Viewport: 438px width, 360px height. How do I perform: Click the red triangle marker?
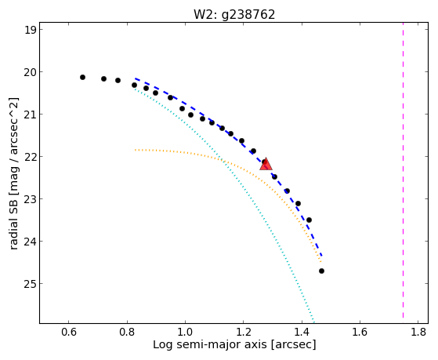pyautogui.click(x=266, y=164)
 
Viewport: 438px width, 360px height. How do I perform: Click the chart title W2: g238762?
pyautogui.click(x=234, y=15)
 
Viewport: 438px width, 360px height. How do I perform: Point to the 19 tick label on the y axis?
pyautogui.click(x=31, y=30)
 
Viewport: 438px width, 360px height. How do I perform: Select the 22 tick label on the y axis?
pyautogui.click(x=31, y=157)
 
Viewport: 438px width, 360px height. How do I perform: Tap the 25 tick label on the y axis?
pyautogui.click(x=31, y=284)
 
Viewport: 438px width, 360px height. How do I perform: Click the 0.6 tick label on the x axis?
pyautogui.click(x=69, y=332)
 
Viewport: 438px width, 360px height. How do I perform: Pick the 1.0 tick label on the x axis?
pyautogui.click(x=185, y=332)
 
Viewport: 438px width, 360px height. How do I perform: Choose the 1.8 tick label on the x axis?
pyautogui.click(x=418, y=332)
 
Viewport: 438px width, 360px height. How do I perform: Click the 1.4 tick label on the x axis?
pyautogui.click(x=302, y=332)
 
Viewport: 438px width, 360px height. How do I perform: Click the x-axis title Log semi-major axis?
pyautogui.click(x=210, y=345)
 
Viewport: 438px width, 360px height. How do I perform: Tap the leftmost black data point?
pyautogui.click(x=82, y=77)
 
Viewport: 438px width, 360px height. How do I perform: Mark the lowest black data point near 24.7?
pyautogui.click(x=321, y=271)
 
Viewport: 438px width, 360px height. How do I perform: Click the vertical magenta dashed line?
pyautogui.click(x=403, y=170)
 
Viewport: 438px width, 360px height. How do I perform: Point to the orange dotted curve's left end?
pyautogui.click(x=136, y=150)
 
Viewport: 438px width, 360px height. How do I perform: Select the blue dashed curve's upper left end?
pyautogui.click(x=136, y=78)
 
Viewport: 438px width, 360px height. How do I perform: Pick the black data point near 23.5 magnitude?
pyautogui.click(x=309, y=220)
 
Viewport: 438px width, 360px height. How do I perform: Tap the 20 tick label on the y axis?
pyautogui.click(x=31, y=72)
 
